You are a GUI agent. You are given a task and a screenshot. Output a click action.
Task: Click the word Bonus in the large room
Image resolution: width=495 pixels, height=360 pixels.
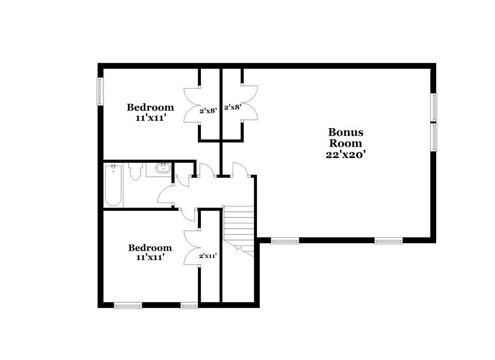(x=346, y=132)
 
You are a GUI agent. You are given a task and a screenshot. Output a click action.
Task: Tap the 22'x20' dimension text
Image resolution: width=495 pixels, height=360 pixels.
(x=346, y=154)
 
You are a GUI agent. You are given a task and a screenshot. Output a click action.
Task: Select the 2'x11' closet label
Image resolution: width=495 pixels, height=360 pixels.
(x=208, y=256)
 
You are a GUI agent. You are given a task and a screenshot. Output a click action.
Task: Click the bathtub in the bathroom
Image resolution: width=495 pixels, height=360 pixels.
(x=113, y=185)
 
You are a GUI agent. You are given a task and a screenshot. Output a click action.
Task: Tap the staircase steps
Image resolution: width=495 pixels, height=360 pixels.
(x=239, y=225)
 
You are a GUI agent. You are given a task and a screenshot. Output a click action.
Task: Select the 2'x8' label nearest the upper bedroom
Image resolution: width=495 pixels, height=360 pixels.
(x=208, y=110)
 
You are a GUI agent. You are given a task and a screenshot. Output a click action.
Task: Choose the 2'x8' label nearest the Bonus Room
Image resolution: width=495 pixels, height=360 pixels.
(x=232, y=106)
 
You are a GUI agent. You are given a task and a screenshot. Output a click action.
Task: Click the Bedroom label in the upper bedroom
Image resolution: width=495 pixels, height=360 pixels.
(x=150, y=107)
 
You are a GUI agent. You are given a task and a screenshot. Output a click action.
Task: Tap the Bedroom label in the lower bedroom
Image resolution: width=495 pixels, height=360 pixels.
(x=150, y=248)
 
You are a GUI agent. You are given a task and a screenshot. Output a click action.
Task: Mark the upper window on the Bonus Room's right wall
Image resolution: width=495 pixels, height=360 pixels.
(x=434, y=107)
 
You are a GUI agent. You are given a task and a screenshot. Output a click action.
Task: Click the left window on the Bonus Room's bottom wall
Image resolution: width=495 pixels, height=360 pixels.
(x=285, y=241)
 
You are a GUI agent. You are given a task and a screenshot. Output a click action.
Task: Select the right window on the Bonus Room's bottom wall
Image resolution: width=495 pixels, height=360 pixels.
(x=389, y=241)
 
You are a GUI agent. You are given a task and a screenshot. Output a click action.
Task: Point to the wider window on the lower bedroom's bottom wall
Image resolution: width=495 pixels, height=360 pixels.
(x=128, y=306)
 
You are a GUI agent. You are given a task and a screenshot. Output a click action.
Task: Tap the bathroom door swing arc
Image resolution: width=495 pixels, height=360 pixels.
(x=165, y=196)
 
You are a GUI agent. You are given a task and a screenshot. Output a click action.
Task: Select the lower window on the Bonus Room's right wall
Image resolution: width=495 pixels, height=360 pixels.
(x=434, y=137)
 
